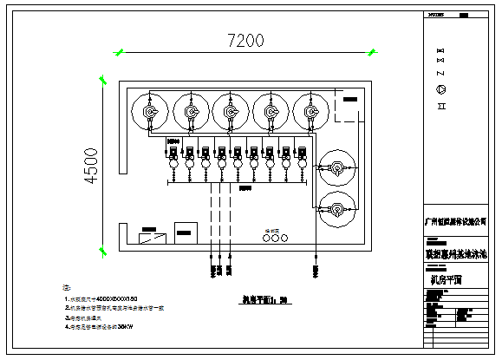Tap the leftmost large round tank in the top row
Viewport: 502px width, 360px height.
point(149,111)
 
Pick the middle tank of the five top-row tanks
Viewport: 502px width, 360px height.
point(229,111)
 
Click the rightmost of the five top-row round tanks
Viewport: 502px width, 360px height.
point(309,111)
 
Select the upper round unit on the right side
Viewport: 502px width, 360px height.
point(336,167)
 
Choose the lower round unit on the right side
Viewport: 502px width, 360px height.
point(336,208)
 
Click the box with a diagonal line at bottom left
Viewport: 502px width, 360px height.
point(153,235)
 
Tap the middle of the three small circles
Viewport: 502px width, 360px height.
point(274,240)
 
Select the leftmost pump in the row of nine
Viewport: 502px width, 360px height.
point(173,155)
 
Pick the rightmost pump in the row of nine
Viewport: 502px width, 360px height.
point(302,155)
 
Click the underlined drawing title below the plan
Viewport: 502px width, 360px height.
point(264,303)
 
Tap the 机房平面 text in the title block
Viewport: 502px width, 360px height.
point(446,279)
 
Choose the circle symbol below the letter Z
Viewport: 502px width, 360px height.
point(440,90)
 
